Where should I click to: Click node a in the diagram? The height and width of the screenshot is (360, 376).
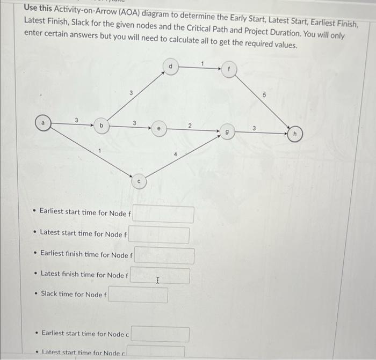pyautogui.click(x=44, y=122)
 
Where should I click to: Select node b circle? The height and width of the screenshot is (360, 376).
pyautogui.click(x=102, y=126)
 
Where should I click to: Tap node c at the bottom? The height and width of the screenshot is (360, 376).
pyautogui.click(x=139, y=181)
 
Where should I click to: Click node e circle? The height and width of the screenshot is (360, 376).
pyautogui.click(x=158, y=129)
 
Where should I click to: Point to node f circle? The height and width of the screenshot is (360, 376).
pyautogui.click(x=229, y=69)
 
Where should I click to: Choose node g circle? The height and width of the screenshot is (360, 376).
pyautogui.click(x=227, y=131)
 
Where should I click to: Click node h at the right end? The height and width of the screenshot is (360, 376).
pyautogui.click(x=294, y=134)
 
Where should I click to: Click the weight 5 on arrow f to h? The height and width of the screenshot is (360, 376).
pyautogui.click(x=264, y=94)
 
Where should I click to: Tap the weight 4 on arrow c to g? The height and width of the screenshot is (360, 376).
pyautogui.click(x=175, y=155)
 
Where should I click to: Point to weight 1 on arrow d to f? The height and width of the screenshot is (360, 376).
pyautogui.click(x=203, y=63)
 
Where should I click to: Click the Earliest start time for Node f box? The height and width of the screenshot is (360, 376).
pyautogui.click(x=163, y=214)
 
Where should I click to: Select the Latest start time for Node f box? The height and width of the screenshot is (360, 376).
pyautogui.click(x=158, y=235)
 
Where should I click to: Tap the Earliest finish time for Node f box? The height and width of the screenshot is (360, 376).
pyautogui.click(x=164, y=255)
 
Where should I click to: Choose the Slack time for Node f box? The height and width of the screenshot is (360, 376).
pyautogui.click(x=138, y=295)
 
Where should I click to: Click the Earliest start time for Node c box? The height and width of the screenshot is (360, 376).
pyautogui.click(x=160, y=334)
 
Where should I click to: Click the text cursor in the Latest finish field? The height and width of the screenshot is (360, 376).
pyautogui.click(x=157, y=280)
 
